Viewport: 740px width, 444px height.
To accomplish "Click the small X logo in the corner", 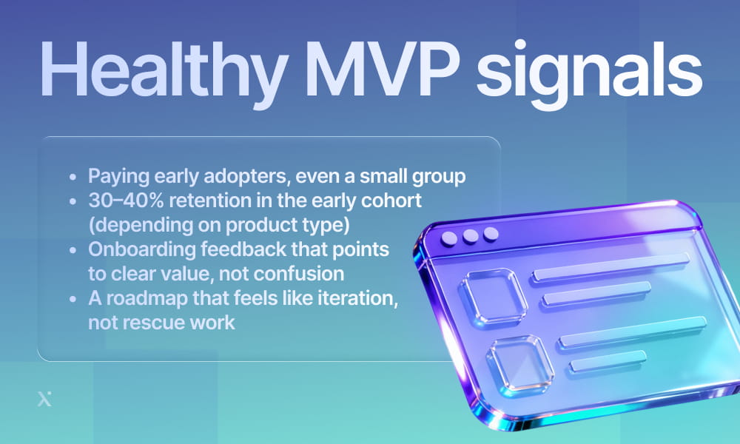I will tap(44, 400).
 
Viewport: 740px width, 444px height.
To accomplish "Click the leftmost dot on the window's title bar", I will tap(449, 239).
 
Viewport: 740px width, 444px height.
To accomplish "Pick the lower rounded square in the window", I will tap(520, 363).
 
